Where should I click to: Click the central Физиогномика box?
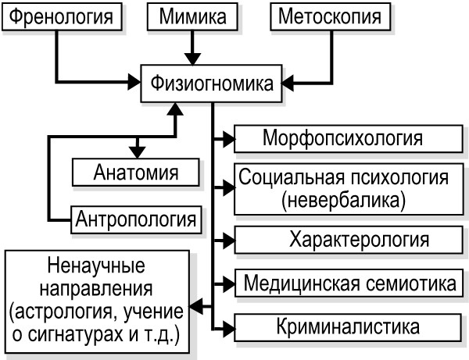(x=211, y=83)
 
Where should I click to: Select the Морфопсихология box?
(x=343, y=140)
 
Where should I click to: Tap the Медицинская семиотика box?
(x=348, y=281)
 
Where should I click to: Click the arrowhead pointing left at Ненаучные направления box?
(x=198, y=305)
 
